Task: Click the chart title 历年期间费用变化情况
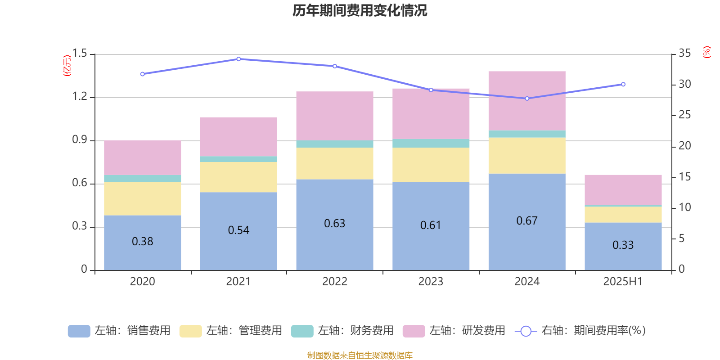click(360, 10)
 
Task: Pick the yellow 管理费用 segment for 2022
click(334, 163)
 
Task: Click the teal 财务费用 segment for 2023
click(431, 144)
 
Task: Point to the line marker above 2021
click(238, 59)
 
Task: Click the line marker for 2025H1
click(623, 84)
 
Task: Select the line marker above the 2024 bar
click(527, 99)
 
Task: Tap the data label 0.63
click(334, 224)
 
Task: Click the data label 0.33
click(623, 245)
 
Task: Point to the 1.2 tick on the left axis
click(80, 97)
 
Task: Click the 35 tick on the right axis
click(684, 54)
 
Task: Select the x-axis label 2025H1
click(623, 282)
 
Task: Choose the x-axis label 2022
click(334, 282)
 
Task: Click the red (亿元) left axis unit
click(67, 66)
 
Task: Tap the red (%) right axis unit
click(706, 52)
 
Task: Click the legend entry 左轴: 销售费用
click(119, 331)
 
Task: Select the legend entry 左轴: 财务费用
click(342, 331)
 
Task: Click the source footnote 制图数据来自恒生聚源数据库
click(360, 355)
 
